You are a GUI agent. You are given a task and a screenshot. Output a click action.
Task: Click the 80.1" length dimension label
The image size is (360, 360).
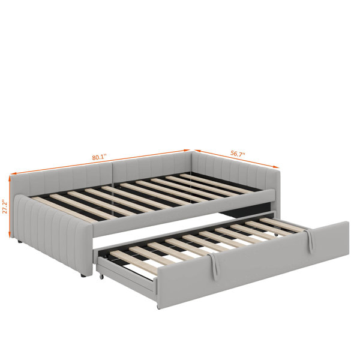(100, 157)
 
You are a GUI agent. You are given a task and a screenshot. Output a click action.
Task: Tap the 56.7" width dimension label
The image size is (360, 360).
(238, 154)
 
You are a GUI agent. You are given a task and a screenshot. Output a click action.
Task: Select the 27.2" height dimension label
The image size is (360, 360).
(5, 206)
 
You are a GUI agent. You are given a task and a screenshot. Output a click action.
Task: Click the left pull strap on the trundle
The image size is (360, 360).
(214, 266)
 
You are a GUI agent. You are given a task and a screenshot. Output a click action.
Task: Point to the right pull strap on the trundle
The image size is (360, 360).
(309, 241)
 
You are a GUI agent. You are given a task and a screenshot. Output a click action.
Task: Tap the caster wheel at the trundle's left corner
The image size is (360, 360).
(101, 276)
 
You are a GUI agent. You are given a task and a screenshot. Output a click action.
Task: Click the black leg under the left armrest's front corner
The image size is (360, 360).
(83, 275)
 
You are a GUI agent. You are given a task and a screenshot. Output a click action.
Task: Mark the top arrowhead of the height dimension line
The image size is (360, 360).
(10, 178)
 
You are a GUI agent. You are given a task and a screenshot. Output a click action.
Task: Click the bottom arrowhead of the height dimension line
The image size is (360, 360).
(10, 235)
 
